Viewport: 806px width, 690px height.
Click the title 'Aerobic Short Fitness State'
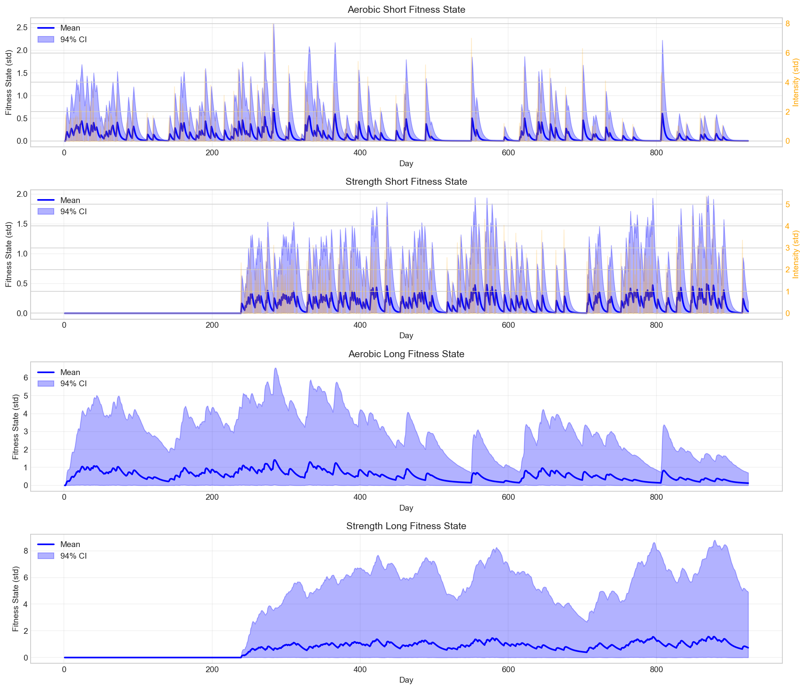(x=406, y=10)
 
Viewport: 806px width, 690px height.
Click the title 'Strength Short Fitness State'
(x=406, y=182)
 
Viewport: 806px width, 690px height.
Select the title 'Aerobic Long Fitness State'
(x=406, y=354)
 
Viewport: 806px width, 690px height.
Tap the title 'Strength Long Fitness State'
(x=406, y=526)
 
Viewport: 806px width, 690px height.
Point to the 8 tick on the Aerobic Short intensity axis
(x=787, y=24)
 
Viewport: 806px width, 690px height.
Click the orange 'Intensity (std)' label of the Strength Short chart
(x=796, y=255)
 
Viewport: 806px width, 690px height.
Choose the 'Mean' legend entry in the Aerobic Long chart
(x=70, y=372)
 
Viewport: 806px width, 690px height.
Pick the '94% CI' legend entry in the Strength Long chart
(x=73, y=556)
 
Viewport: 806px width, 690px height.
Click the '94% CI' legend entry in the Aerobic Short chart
(x=73, y=40)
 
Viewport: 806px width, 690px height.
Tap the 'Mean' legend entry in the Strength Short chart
(x=70, y=200)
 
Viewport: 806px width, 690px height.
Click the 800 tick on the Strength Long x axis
(x=656, y=670)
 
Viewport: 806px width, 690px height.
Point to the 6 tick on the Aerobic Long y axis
(x=25, y=378)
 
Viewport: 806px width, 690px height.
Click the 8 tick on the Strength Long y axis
(x=25, y=551)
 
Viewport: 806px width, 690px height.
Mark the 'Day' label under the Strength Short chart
(x=406, y=336)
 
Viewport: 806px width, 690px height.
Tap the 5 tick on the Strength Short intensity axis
(x=787, y=204)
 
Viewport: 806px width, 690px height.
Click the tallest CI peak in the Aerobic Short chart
(x=274, y=25)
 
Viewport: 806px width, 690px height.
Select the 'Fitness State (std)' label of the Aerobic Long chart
(x=15, y=427)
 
